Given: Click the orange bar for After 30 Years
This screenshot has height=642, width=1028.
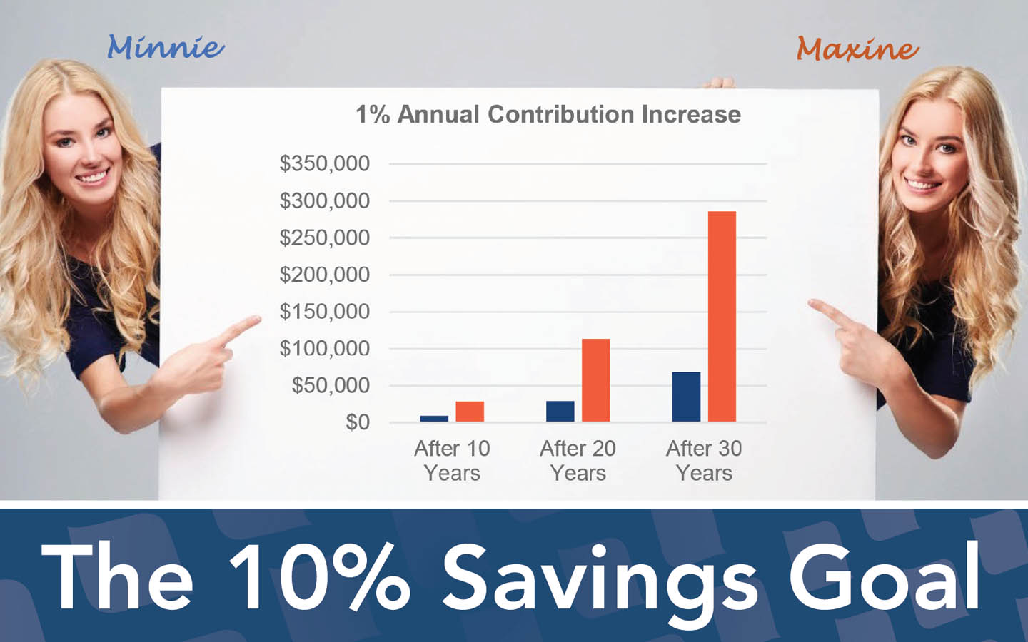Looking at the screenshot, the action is click(x=722, y=317).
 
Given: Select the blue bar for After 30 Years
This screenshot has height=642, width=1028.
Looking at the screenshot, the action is click(x=686, y=397).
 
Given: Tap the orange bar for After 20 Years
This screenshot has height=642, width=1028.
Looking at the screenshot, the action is click(x=595, y=380).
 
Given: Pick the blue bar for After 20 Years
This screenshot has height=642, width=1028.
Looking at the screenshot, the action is click(x=560, y=412).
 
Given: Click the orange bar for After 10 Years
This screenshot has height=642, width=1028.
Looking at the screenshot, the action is click(x=470, y=412).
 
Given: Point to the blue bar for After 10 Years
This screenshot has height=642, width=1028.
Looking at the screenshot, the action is click(x=434, y=419).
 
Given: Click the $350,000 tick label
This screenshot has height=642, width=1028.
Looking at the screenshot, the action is click(x=324, y=163).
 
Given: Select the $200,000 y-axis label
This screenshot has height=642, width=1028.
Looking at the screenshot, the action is click(x=324, y=275).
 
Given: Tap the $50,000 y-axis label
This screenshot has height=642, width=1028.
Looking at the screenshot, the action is click(x=331, y=386).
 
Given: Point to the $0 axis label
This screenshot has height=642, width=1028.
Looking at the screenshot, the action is click(x=358, y=422).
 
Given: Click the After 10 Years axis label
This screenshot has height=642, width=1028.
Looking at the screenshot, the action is click(x=452, y=460).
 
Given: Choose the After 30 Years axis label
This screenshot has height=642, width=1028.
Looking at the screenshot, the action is click(x=704, y=460).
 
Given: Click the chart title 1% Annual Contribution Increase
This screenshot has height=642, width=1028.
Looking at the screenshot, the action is click(x=548, y=114).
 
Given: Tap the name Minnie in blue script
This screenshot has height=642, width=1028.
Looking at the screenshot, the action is click(x=166, y=47).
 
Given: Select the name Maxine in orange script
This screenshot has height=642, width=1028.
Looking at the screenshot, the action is click(x=858, y=49).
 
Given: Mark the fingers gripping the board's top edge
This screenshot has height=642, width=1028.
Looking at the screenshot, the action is click(x=719, y=83).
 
